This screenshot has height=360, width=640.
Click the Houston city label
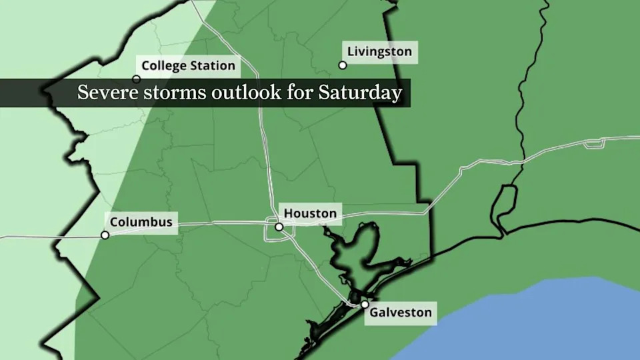click(310, 214)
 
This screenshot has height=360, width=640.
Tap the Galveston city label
click(401, 312)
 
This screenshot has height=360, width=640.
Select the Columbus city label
click(141, 222)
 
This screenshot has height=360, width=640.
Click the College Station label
click(188, 65)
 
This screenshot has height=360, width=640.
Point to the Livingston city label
click(379, 51)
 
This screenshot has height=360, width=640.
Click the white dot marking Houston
click(279, 227)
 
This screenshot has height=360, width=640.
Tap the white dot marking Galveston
click(365, 305)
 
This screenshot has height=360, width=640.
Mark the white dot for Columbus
click(105, 235)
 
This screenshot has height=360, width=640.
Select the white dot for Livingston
click(343, 65)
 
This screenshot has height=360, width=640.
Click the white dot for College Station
click(137, 79)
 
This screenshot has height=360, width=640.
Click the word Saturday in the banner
click(369, 93)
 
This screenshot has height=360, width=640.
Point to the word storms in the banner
click(170, 93)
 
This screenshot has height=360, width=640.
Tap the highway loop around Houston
click(270, 231)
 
